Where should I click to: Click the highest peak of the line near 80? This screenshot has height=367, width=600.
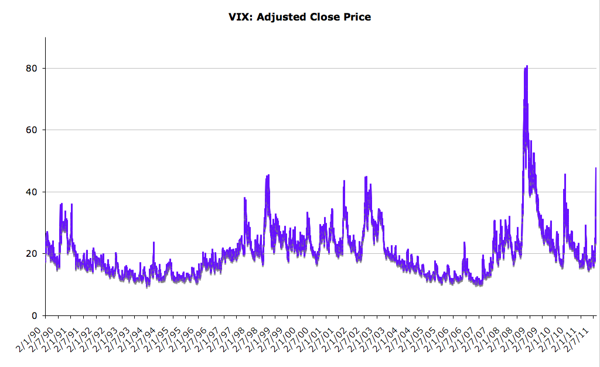coord(527,66)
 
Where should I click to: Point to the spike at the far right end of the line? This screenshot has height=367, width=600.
coord(595,169)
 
